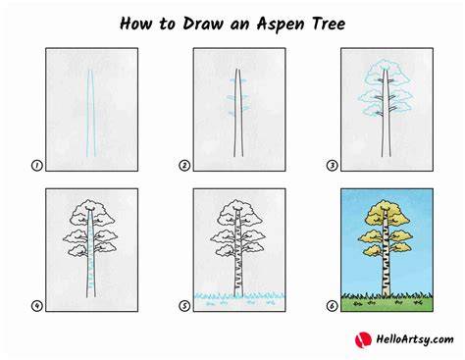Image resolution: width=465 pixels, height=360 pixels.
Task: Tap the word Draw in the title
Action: coord(202,24)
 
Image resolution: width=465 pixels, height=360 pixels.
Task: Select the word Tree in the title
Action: coord(329,24)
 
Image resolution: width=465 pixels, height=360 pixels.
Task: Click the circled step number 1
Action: coord(37,166)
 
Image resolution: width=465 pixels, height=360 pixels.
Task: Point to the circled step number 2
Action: coord(184,166)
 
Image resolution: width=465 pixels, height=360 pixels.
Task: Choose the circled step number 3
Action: coord(332,166)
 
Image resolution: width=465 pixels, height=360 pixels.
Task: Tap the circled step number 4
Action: coord(37,306)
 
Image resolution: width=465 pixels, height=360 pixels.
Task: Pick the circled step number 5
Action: coord(184,306)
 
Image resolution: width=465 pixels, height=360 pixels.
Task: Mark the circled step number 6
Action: coord(332,306)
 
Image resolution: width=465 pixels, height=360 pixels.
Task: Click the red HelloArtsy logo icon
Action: coord(363,339)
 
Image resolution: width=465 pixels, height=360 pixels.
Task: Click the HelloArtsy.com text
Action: coord(415,339)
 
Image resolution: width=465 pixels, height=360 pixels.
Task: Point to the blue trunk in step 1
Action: coord(91,113)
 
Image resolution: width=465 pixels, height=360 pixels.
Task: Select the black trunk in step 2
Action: coord(238,113)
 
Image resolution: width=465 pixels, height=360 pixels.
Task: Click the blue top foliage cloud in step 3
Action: coord(387,73)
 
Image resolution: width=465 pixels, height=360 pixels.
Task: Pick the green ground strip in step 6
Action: coord(387,304)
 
